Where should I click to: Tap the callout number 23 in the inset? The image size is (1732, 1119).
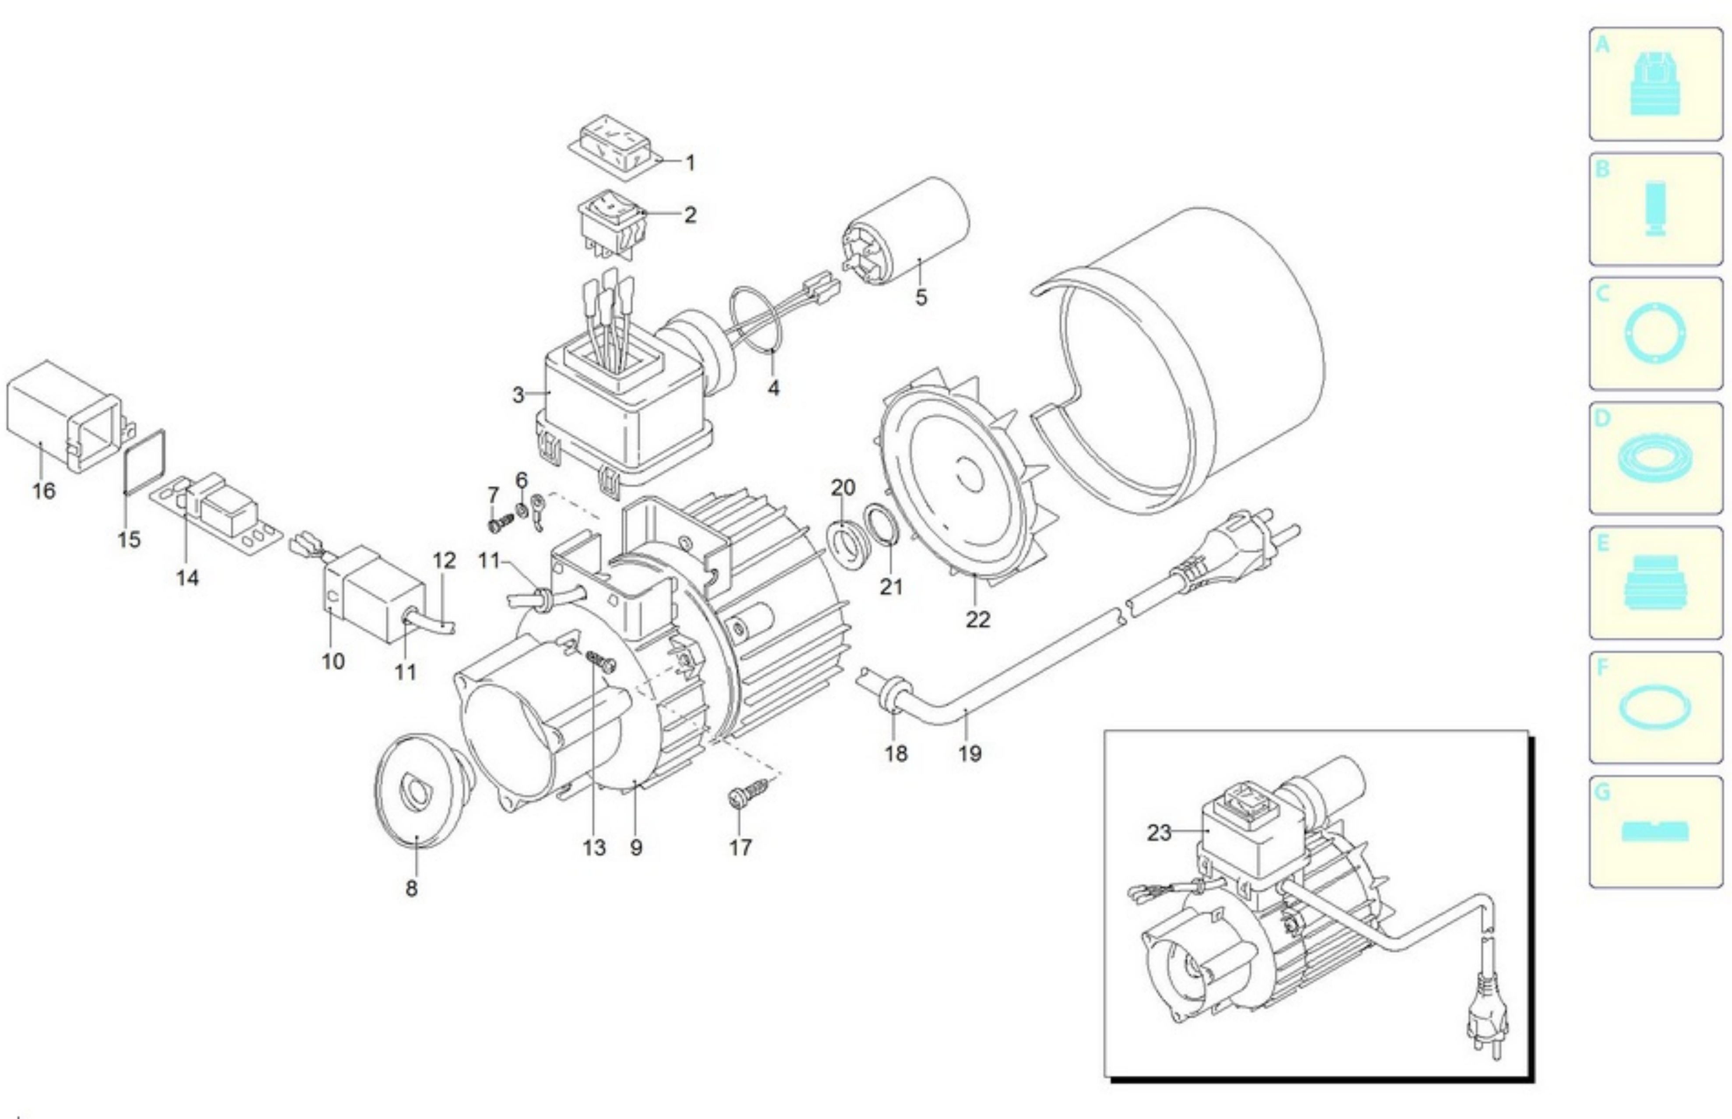pos(1159,832)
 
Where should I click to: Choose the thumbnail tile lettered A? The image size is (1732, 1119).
pos(1655,84)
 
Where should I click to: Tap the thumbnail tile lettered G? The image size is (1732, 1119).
pos(1655,832)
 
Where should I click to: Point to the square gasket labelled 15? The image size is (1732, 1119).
pos(144,462)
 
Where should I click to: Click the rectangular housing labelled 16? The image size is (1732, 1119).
pos(62,418)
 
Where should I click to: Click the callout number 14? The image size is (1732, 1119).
pos(187,579)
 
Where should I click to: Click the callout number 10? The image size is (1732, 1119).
pos(333,661)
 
